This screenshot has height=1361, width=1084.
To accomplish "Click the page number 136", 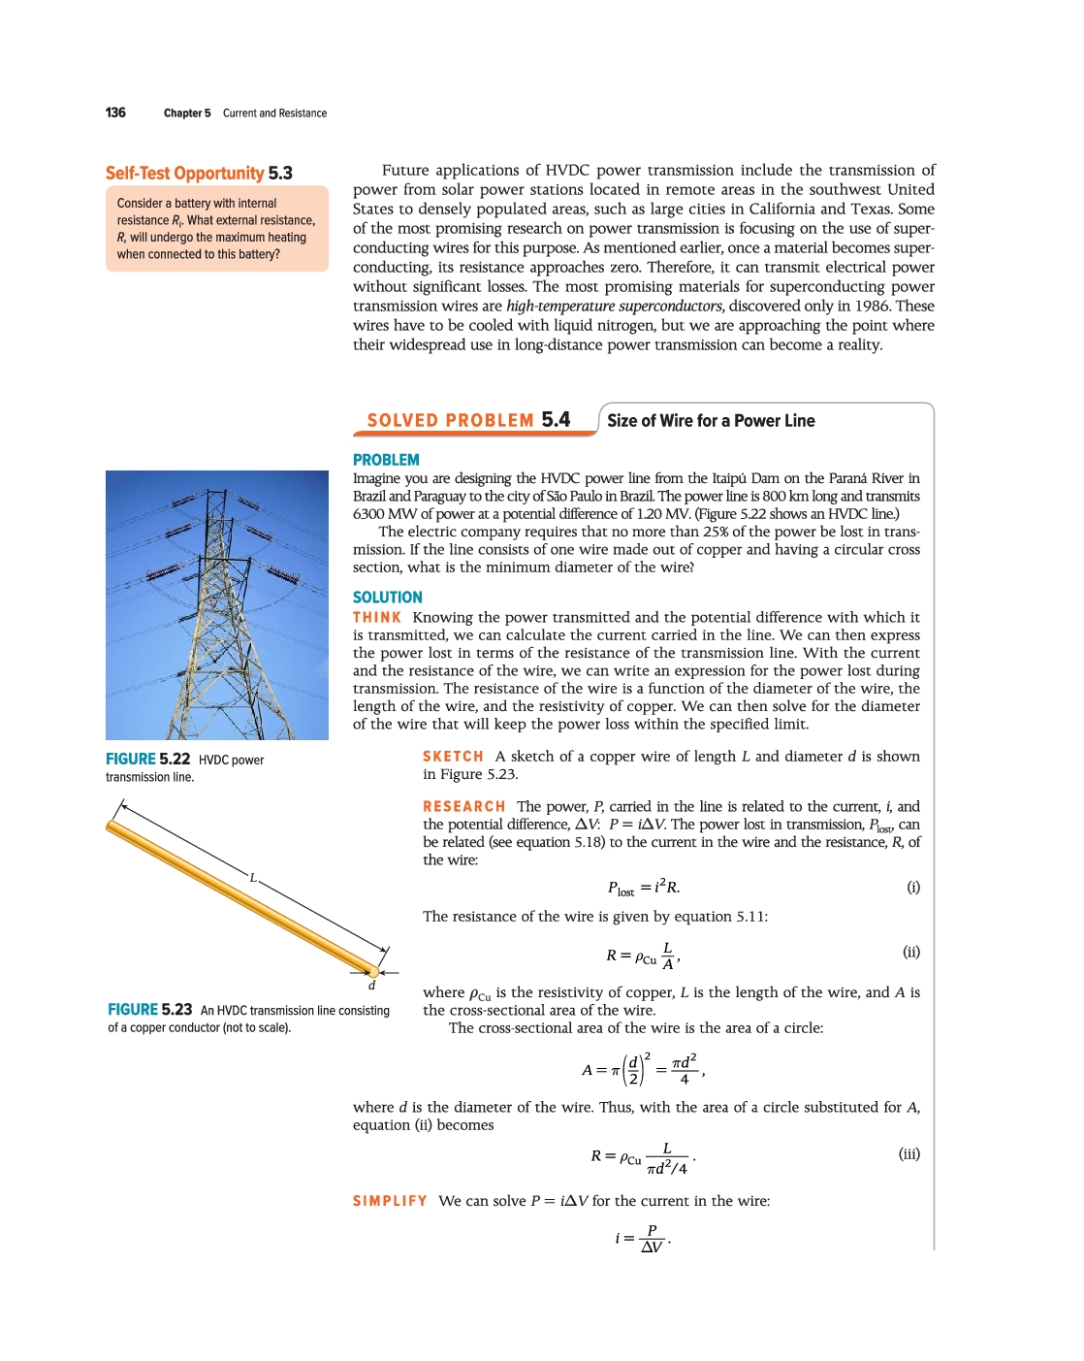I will coord(115,113).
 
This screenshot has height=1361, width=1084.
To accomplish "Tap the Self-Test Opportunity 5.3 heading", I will coord(199,174).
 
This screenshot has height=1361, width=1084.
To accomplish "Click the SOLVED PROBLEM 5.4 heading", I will coord(468,420).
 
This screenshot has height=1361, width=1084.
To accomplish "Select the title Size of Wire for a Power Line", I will coord(711,421).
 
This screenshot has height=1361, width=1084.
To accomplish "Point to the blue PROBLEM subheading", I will coord(386,460).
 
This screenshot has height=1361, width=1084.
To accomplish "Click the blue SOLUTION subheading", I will coord(388,598).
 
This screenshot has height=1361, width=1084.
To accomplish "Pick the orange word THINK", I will coord(377,618).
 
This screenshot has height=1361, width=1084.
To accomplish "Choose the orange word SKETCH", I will coord(453,757).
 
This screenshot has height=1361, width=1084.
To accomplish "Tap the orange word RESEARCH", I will coord(463,807).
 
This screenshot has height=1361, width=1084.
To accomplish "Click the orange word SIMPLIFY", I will coord(390,1201).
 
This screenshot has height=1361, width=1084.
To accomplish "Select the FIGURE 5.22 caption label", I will coord(147,760).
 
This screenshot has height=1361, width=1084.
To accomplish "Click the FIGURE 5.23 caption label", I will coord(150,1010).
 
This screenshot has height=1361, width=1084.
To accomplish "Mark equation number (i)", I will coord(912,887).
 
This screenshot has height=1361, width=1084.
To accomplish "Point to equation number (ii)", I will coord(911,952).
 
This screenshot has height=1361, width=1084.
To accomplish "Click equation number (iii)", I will coord(909,1153).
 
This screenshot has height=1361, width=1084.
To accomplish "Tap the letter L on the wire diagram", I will coord(253,878).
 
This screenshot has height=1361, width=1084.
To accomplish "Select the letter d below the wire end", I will coord(371,986).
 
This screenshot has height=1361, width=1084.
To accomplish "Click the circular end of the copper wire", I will coord(373,971).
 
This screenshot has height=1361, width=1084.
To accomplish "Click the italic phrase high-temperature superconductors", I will coord(614,307).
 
